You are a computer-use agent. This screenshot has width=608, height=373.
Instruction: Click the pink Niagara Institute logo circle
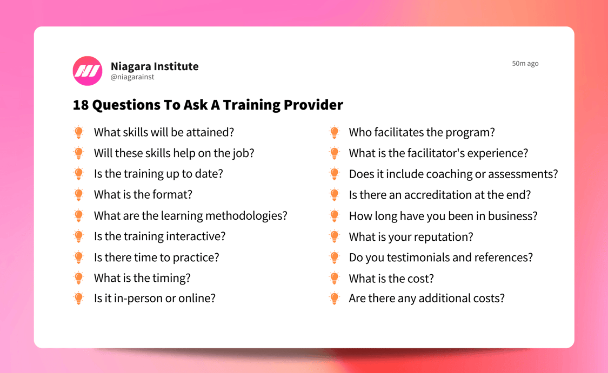[x=88, y=71]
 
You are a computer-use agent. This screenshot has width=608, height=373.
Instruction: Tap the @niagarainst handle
[x=132, y=77]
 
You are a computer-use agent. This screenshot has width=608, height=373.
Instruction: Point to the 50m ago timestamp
[x=525, y=64]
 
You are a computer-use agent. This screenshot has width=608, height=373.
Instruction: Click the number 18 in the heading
[x=81, y=105]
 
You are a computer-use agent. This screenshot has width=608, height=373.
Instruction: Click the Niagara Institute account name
[x=155, y=66]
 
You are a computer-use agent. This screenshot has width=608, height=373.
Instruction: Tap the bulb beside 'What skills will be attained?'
[x=79, y=132]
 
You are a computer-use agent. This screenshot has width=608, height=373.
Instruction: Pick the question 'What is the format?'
[x=143, y=195]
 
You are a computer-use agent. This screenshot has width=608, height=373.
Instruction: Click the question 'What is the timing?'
[x=142, y=278]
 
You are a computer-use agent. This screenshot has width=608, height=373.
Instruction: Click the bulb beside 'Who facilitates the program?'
[x=335, y=132]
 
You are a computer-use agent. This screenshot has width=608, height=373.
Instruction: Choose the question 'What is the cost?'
[x=391, y=279]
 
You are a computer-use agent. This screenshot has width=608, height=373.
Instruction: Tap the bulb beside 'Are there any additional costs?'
[x=335, y=299]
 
